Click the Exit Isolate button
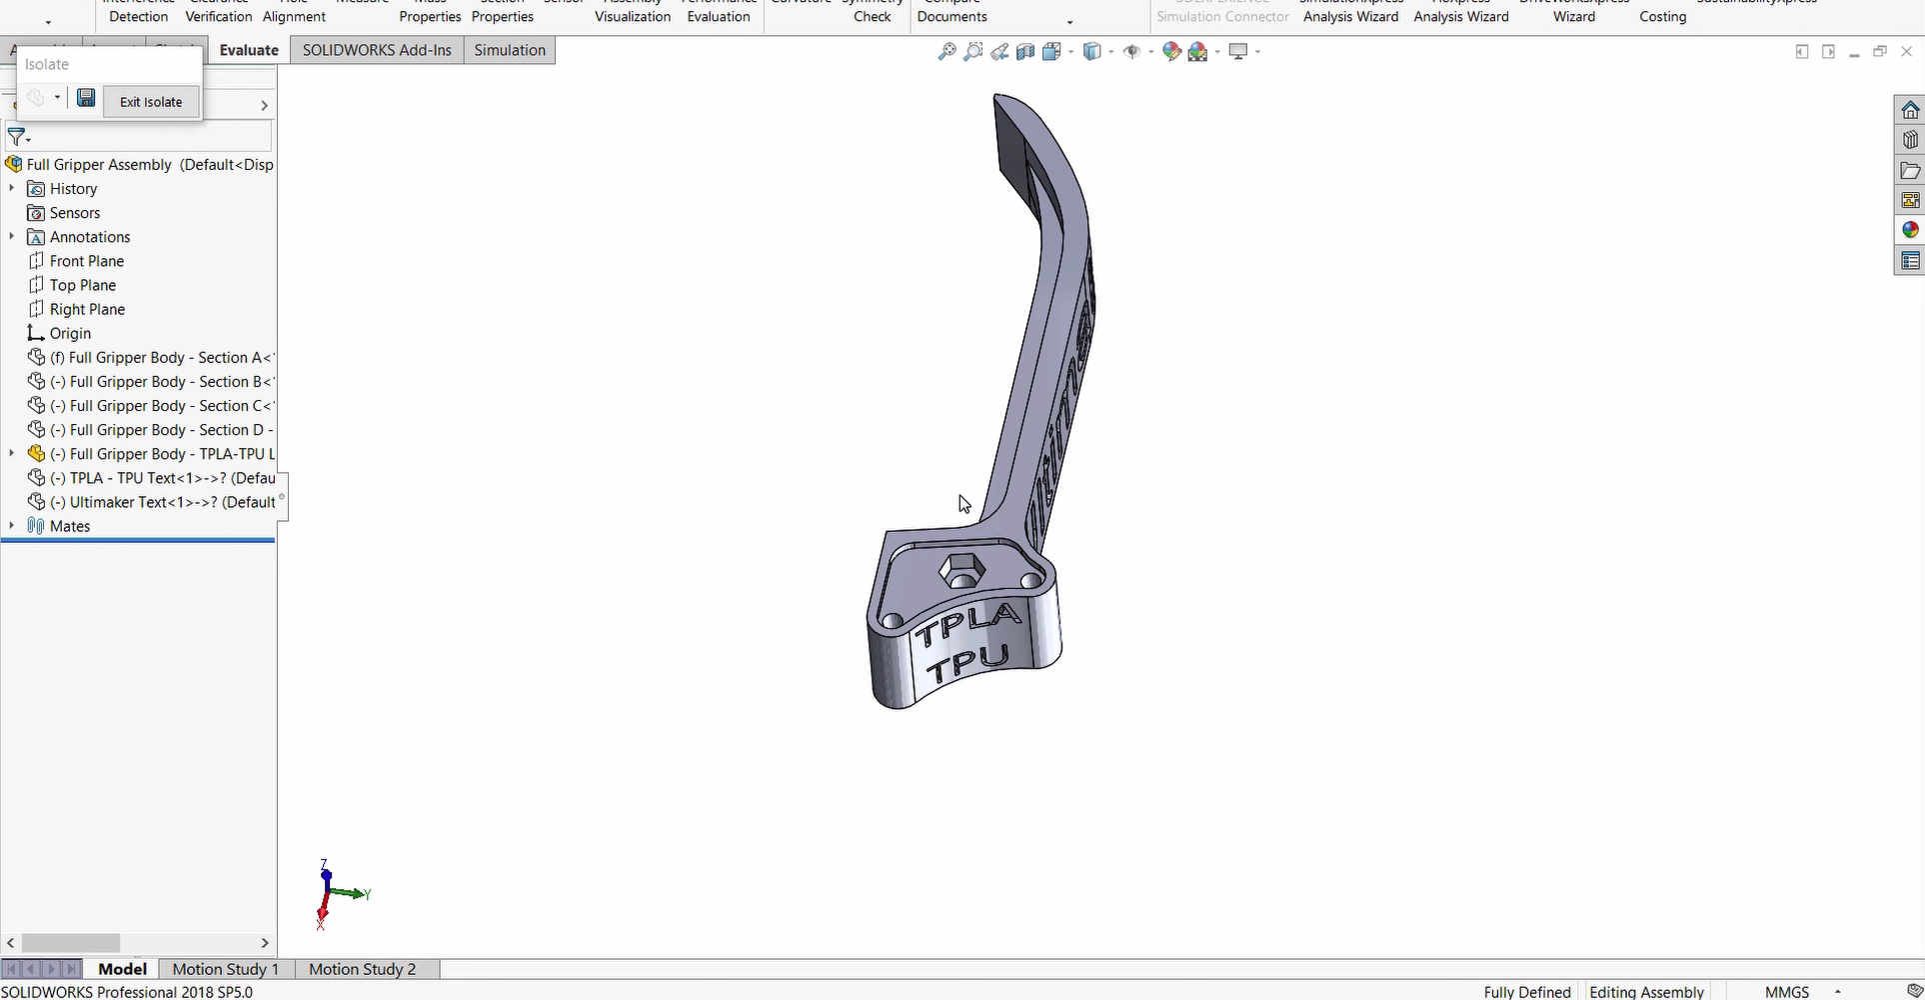(x=151, y=102)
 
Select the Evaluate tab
(x=249, y=50)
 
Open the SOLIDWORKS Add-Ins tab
(x=377, y=50)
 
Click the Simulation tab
(x=510, y=50)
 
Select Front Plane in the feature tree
(x=87, y=261)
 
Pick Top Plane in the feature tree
(x=83, y=285)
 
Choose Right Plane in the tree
(x=87, y=309)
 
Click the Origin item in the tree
(x=70, y=333)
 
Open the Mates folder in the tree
(x=70, y=526)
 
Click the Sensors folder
(x=75, y=213)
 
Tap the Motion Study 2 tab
(x=362, y=969)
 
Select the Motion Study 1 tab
(x=225, y=969)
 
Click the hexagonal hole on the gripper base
(x=962, y=571)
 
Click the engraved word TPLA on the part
(x=967, y=625)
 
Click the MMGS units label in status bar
(x=1787, y=991)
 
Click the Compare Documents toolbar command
(x=952, y=12)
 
